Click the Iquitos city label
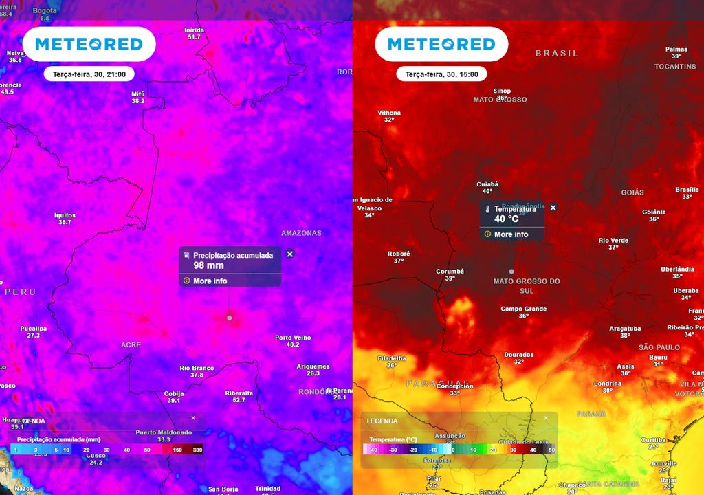pos(65,215)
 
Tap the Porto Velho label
pos(293,338)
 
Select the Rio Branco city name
pos(197,368)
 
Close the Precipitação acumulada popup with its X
pos(289,254)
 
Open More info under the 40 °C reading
pos(511,234)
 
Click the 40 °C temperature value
pos(506,219)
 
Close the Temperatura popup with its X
pos(553,208)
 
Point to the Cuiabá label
pos(487,184)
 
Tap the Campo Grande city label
pos(523,309)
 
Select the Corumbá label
pos(450,271)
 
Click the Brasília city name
pos(687,189)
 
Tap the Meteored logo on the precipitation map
pos(89,44)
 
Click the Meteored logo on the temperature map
pos(441,44)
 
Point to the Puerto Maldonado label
pos(164,432)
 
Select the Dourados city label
pos(518,355)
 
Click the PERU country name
pos(20,292)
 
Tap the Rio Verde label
pos(613,240)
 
